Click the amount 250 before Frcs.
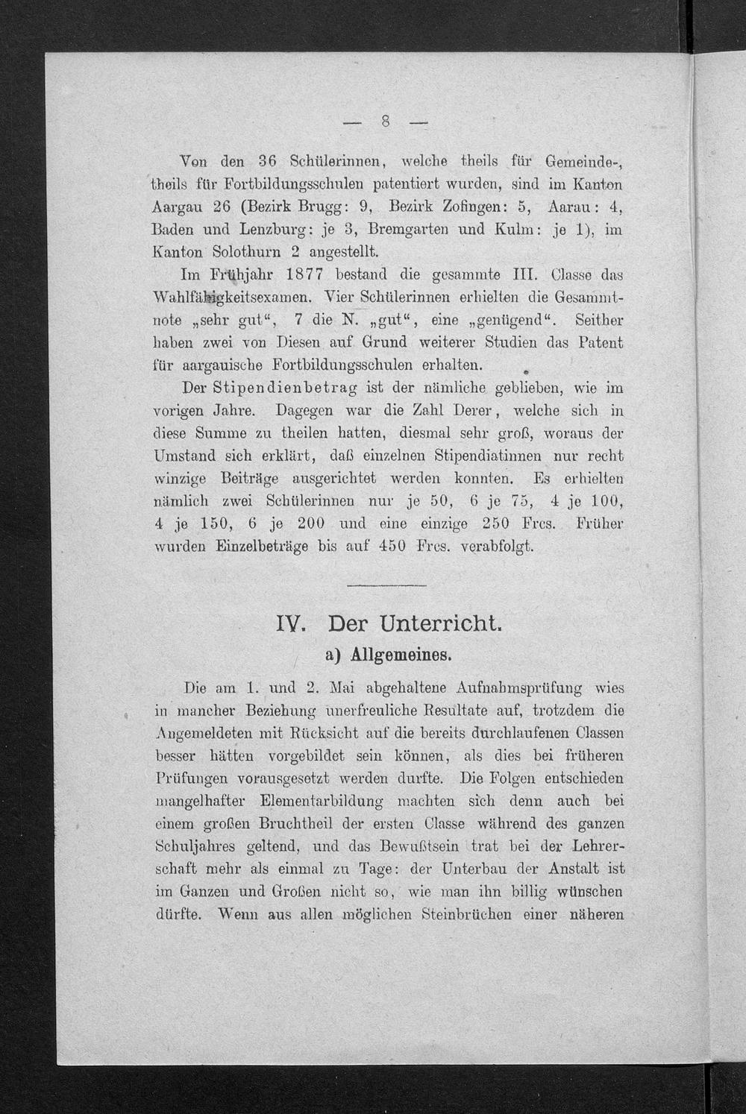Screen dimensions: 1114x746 tap(499, 523)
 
